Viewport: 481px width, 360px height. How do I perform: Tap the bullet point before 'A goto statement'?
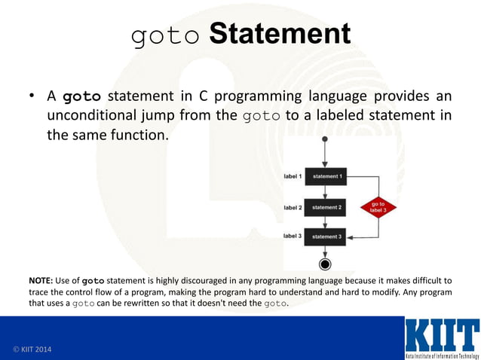(x=32, y=97)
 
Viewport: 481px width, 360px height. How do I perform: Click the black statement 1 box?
(x=326, y=176)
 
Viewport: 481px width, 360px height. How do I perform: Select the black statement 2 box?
(x=326, y=206)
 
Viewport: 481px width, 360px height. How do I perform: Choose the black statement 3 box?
(x=326, y=236)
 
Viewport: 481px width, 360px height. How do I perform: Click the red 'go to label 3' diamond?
(x=378, y=206)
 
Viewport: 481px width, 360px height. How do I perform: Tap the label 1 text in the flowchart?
(x=293, y=176)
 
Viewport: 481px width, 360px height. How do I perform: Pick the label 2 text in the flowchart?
(x=293, y=206)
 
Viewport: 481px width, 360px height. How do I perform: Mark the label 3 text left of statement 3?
(x=293, y=236)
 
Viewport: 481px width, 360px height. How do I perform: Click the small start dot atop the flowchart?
(x=325, y=140)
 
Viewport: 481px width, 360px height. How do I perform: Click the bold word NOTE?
(x=41, y=280)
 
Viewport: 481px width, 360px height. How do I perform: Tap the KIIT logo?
(x=441, y=337)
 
